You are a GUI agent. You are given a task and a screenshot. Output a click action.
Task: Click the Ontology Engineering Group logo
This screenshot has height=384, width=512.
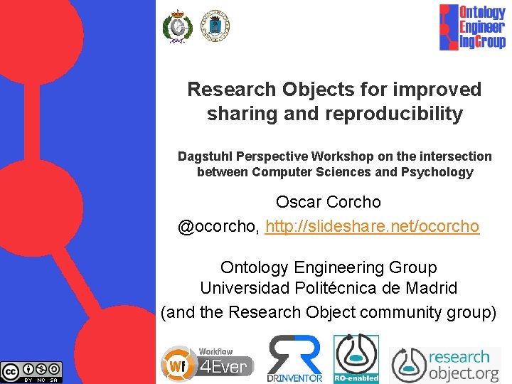pos(471,26)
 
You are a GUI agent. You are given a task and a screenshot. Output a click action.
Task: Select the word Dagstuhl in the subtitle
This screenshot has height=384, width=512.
pos(204,156)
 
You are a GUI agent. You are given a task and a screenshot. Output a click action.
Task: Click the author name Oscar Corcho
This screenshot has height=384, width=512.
pos(329,201)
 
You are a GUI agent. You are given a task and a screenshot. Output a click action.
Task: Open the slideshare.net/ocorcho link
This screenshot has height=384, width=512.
pos(372,226)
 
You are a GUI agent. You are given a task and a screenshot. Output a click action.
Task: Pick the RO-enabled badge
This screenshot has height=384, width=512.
pos(356,358)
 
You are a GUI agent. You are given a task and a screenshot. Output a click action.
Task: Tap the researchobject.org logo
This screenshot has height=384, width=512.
pos(446,364)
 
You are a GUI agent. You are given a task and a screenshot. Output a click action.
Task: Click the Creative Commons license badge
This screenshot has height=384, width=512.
pos(31,372)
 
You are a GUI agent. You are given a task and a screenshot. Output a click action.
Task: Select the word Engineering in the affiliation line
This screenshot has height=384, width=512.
pos(324,267)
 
